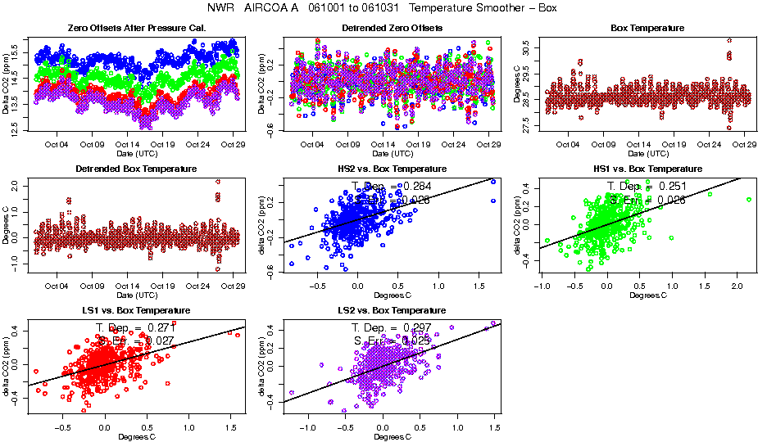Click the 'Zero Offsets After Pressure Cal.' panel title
tap(136, 29)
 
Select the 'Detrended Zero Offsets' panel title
tap(392, 29)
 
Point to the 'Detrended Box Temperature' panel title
tap(136, 169)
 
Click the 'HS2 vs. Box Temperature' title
tap(392, 169)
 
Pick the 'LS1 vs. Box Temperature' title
tap(136, 311)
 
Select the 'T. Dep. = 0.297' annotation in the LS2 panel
tap(391, 327)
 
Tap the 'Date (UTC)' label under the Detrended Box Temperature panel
tap(136, 295)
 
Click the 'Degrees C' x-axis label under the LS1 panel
tap(136, 436)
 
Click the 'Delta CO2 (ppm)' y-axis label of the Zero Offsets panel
tap(7, 84)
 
